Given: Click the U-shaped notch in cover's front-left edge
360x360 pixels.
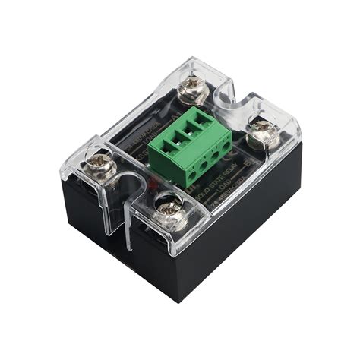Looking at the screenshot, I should (x=133, y=186).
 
